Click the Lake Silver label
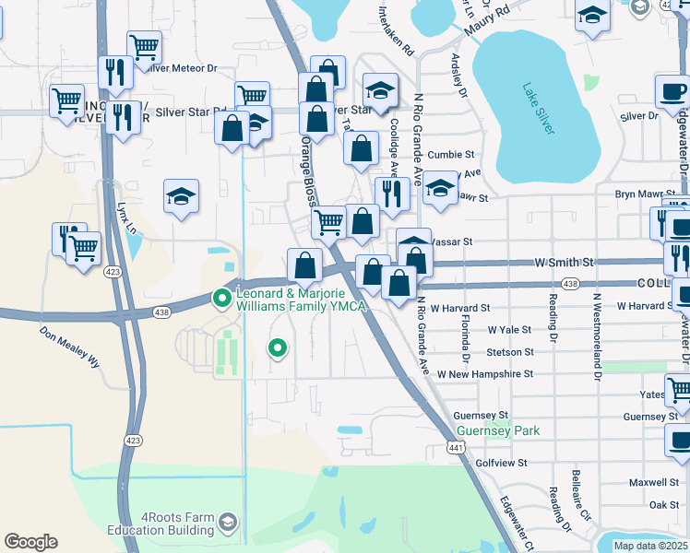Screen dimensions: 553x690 (x=538, y=109)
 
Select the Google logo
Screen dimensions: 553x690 (x=30, y=542)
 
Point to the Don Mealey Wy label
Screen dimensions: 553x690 (x=69, y=347)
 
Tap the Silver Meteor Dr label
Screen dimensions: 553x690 (x=187, y=68)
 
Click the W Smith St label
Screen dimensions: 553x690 (x=564, y=263)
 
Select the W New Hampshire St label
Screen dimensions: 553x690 (x=485, y=374)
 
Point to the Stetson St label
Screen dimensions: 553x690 (x=510, y=352)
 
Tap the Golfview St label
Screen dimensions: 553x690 (x=501, y=462)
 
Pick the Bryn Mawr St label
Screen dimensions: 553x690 (x=646, y=194)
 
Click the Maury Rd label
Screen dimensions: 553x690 (x=488, y=18)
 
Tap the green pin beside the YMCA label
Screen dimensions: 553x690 (x=221, y=298)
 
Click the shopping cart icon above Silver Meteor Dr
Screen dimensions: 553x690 (x=144, y=45)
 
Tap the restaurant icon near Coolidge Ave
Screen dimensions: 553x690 (x=392, y=193)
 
